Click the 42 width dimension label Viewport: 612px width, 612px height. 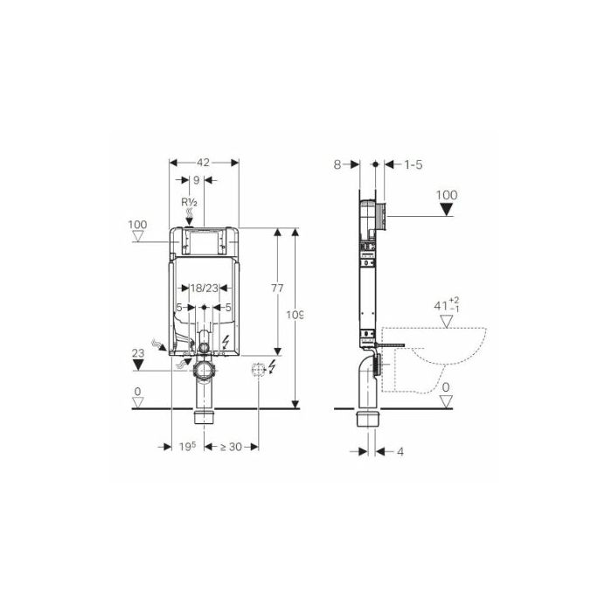203,163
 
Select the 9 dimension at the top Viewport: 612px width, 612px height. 197,180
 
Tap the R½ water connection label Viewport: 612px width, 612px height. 190,202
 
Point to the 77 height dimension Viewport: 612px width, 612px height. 277,288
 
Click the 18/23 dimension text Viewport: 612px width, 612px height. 204,288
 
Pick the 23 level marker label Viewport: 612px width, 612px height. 138,353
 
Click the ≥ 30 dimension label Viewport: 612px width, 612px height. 231,447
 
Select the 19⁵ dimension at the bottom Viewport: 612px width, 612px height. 187,447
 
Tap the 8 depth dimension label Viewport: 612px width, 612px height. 337,164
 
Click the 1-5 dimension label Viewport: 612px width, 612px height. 413,164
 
